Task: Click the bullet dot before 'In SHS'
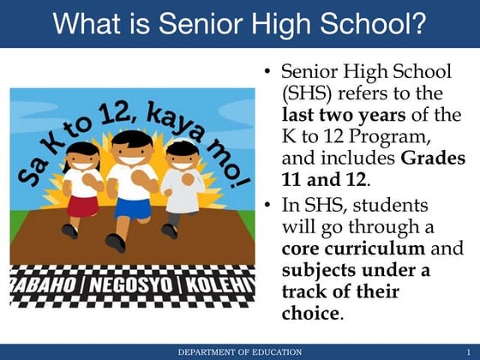coord(268,205)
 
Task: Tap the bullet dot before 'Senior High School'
coord(268,71)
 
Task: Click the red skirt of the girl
coord(83,206)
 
